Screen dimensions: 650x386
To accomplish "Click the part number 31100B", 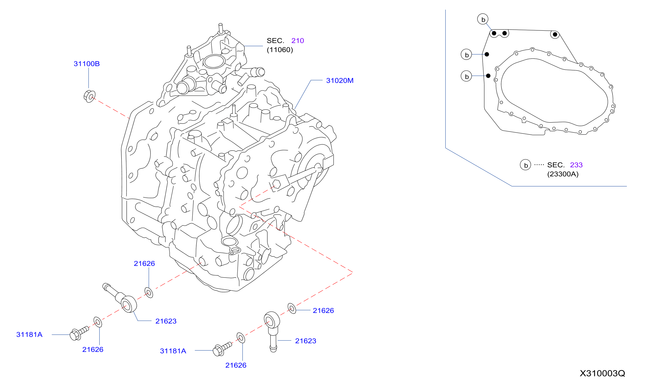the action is [x=87, y=64].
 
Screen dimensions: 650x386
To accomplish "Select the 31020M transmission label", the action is [x=340, y=81].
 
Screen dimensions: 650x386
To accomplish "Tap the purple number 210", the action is [x=298, y=41].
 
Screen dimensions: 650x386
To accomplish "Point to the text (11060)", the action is [x=280, y=50].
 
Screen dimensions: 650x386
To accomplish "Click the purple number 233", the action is [x=576, y=165].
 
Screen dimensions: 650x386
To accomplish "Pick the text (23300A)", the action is [x=563, y=174].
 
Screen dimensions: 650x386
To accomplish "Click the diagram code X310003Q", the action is [x=602, y=373].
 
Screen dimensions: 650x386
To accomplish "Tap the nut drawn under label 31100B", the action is [x=90, y=96].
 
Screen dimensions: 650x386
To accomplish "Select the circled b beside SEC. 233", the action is [x=525, y=165].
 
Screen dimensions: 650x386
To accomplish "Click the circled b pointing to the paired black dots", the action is [x=483, y=19].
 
